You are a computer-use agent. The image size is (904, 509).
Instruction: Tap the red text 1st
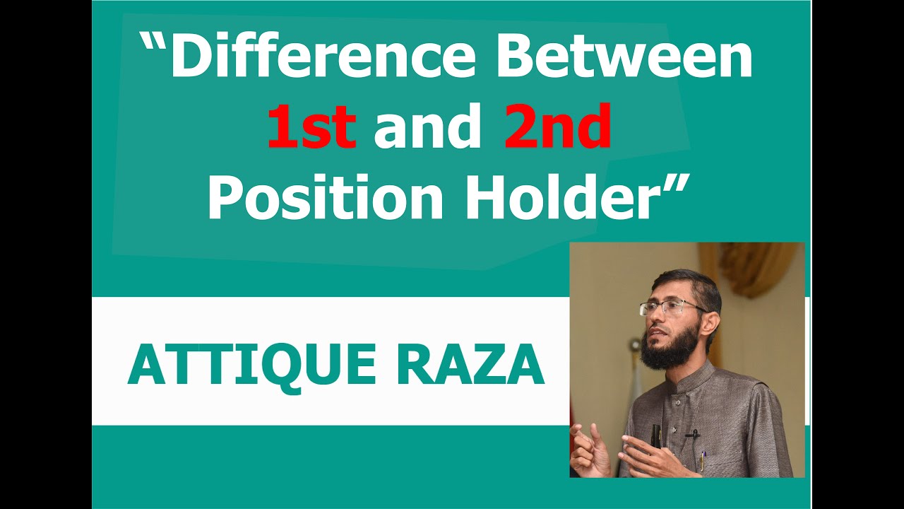[x=311, y=127]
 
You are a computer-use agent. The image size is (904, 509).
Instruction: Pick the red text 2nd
[x=557, y=127]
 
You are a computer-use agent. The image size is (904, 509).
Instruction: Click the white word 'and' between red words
[x=427, y=127]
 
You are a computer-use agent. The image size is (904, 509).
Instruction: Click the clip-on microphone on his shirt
[x=691, y=433]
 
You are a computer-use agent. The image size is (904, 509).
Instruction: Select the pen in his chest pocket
[x=702, y=460]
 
